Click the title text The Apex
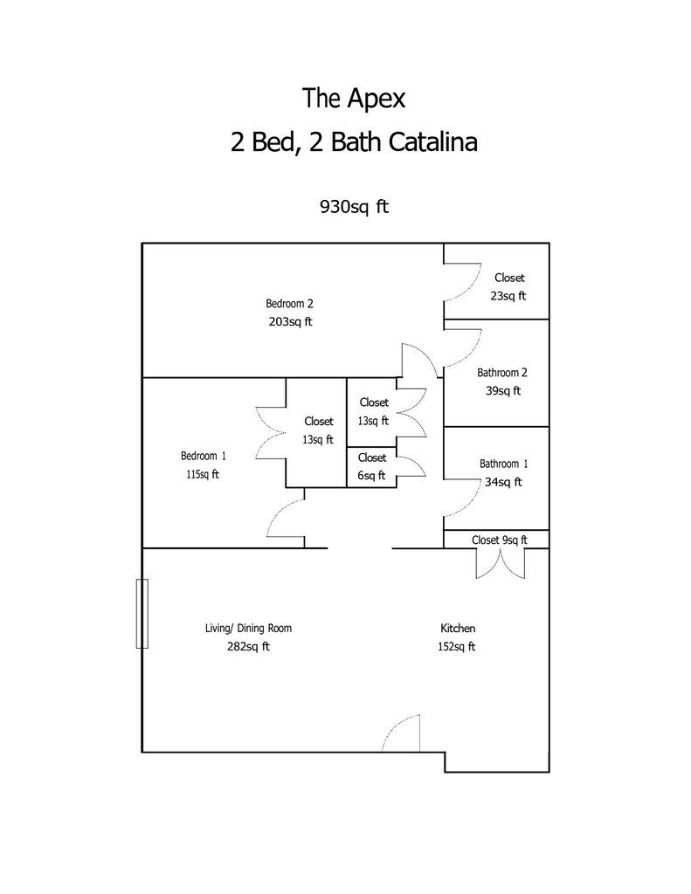[354, 98]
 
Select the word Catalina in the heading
[428, 142]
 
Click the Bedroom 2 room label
[289, 304]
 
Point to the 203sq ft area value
[290, 321]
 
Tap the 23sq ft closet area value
[508, 295]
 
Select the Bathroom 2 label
[502, 373]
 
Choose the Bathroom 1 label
[503, 464]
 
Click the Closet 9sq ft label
[499, 540]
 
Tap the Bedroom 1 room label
[204, 456]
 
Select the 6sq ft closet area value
[371, 475]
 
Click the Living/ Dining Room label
[248, 629]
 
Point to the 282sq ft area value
[248, 647]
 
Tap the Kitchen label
[458, 629]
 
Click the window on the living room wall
[142, 613]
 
